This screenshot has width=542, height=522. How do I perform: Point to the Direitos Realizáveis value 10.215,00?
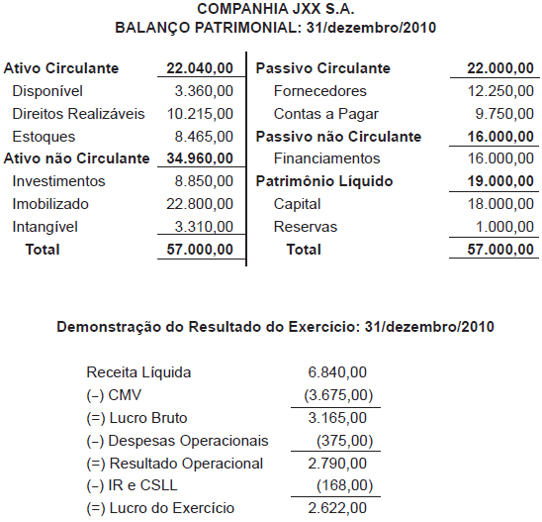201,114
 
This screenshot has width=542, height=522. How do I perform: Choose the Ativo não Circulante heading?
77,158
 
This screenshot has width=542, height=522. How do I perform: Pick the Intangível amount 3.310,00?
205,227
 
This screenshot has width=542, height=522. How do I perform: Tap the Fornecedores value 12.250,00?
496,91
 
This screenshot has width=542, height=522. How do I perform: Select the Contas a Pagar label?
319,114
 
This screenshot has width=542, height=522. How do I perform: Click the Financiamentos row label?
326,158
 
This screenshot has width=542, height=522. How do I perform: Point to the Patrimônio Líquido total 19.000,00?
496,181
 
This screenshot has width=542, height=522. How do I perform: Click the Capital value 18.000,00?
496,204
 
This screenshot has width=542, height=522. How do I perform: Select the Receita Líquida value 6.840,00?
338,372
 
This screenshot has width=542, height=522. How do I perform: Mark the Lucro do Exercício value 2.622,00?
338,508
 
